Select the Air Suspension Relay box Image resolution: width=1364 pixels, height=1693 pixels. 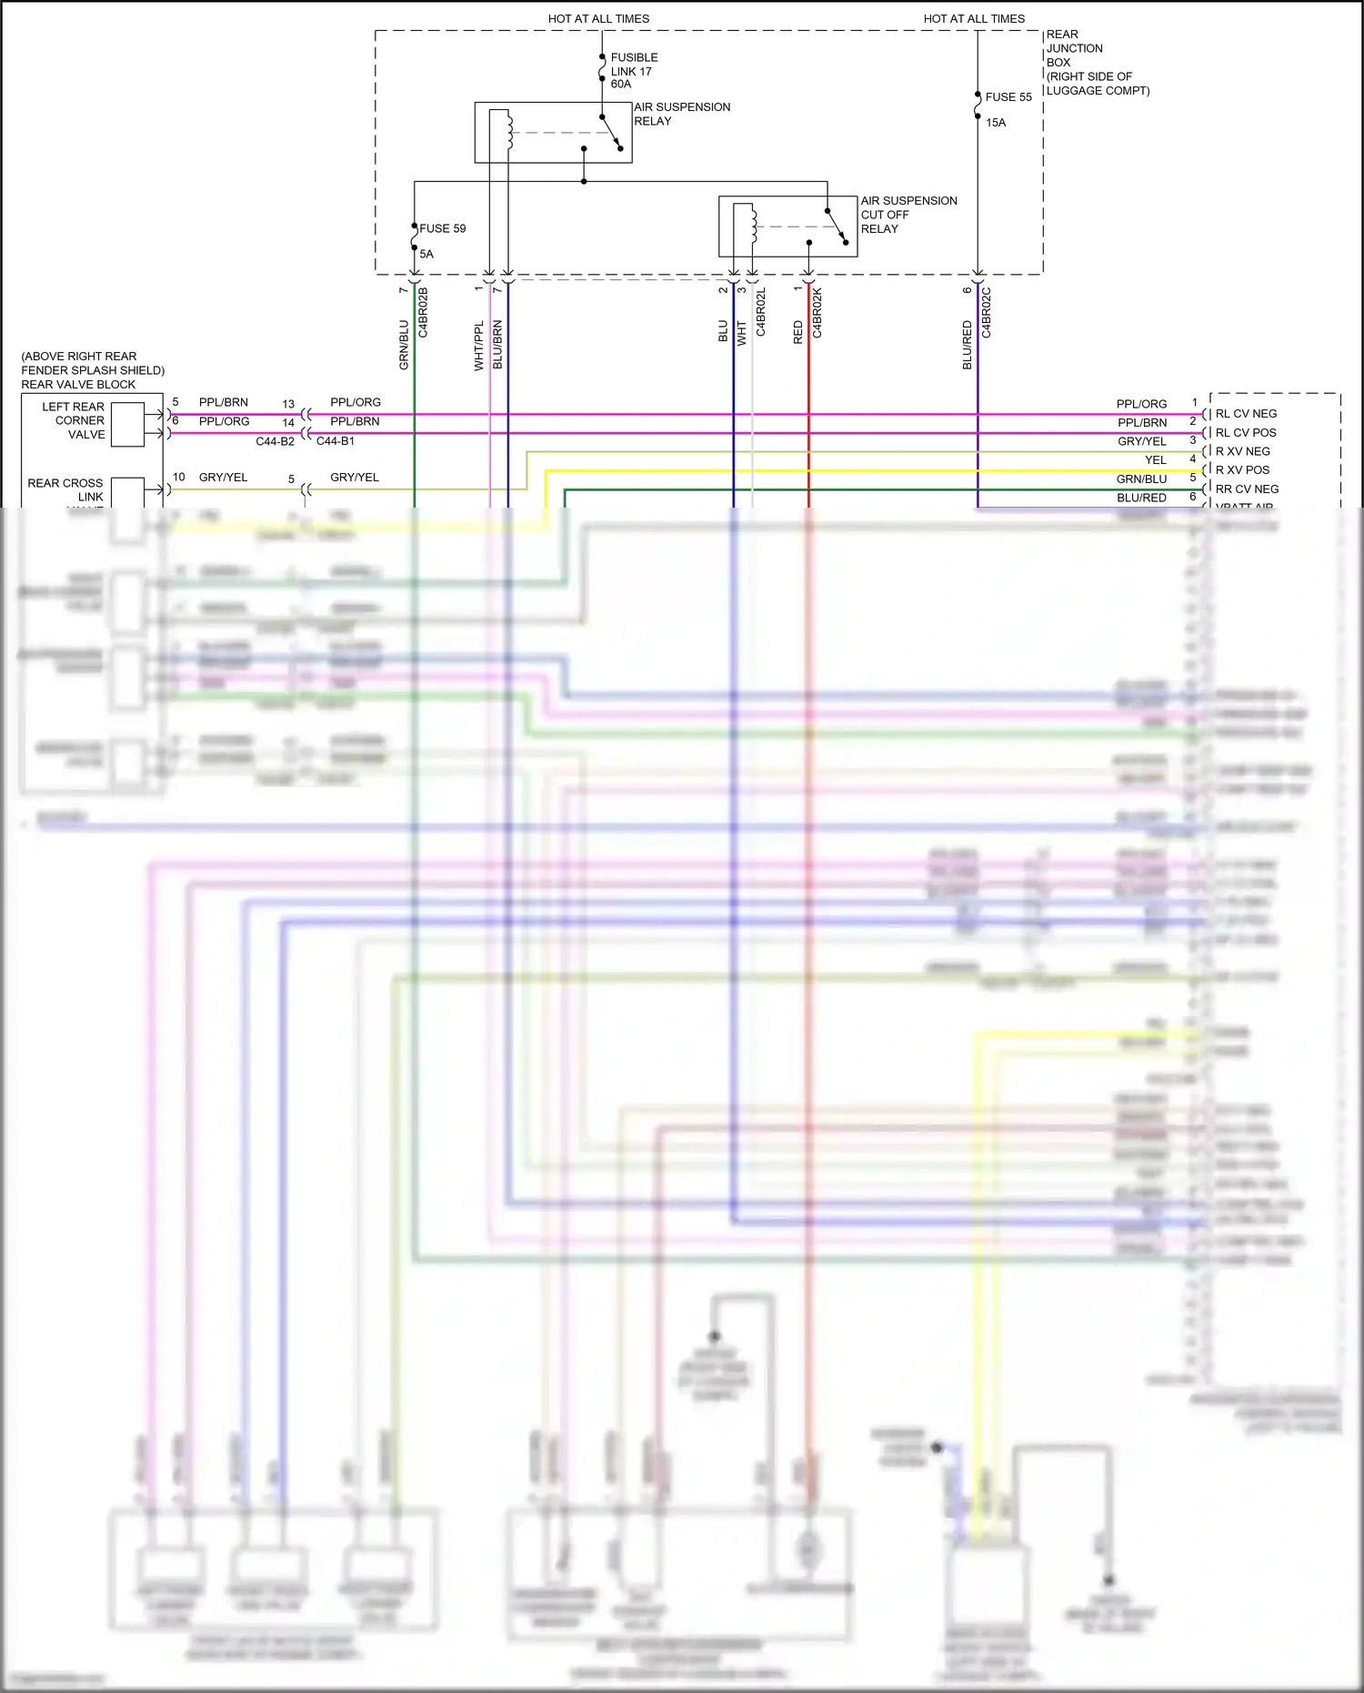point(553,133)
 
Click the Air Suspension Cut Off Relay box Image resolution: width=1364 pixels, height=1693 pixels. point(787,227)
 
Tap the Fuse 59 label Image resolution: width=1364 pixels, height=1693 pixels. point(442,228)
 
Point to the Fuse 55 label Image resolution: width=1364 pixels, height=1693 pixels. point(1008,97)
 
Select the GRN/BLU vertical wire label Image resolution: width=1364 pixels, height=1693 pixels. point(404,345)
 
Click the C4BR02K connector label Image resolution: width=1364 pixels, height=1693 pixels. point(817,313)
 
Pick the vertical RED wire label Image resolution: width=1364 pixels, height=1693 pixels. point(798,332)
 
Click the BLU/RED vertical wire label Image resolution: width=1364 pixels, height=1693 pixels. point(968,345)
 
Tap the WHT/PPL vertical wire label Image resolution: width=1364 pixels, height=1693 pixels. point(479,345)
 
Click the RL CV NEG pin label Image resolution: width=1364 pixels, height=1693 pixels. point(1246,414)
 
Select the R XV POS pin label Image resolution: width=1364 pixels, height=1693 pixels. point(1242,470)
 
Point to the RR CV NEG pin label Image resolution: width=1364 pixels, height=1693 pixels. point(1247,489)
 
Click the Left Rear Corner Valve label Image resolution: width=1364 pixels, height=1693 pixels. point(74,420)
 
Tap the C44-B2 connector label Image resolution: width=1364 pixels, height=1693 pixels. point(275,441)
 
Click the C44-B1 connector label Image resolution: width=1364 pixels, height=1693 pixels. point(336,441)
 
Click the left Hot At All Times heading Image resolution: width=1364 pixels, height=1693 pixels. point(598,18)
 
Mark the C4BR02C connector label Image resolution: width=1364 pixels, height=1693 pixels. point(987,313)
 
